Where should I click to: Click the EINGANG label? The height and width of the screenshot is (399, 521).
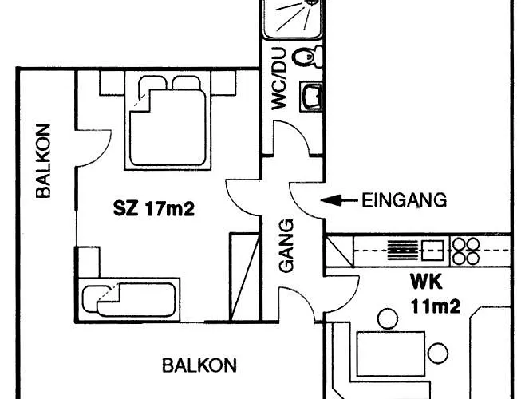tap(404, 200)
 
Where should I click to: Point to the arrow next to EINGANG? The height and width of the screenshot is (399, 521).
tap(339, 200)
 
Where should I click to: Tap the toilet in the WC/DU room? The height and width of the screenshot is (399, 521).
tap(307, 57)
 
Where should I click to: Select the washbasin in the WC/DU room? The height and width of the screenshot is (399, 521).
tap(311, 97)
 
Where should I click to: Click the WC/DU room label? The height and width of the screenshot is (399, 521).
tap(278, 78)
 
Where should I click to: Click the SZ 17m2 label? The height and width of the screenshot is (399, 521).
tap(154, 209)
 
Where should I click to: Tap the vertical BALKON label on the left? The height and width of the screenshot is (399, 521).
tap(44, 160)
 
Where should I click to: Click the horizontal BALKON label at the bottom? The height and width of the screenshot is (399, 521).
tap(199, 365)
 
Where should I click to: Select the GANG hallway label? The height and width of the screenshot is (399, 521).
tap(286, 246)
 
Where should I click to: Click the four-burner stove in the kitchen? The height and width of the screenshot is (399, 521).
tap(467, 251)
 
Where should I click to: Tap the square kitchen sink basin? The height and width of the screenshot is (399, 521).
tap(432, 251)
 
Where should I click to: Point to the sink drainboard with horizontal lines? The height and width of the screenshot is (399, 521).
tap(402, 251)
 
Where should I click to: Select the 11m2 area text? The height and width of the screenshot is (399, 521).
tap(436, 306)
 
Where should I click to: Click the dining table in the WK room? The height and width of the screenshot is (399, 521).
tap(391, 354)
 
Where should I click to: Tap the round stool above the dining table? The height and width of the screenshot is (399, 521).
tap(388, 318)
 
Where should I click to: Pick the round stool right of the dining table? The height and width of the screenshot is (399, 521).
tap(438, 354)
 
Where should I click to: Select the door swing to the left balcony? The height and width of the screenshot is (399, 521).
tap(94, 148)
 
